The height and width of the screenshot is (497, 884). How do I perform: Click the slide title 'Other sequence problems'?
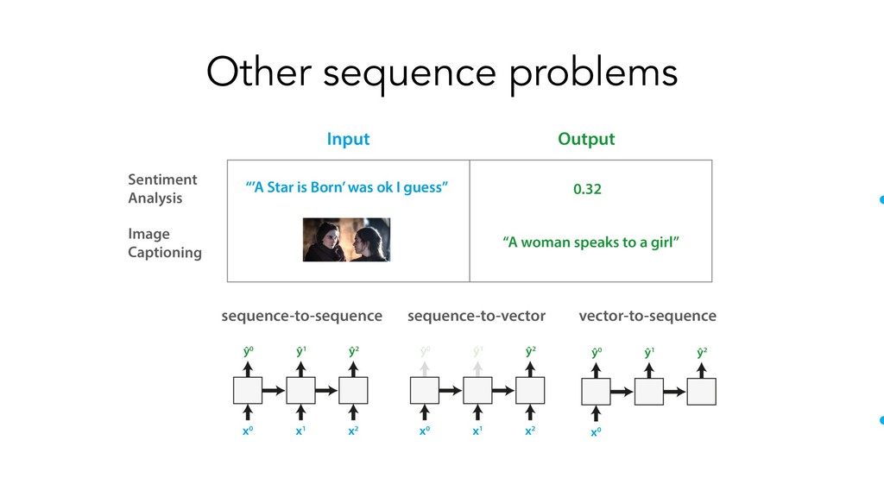point(441,72)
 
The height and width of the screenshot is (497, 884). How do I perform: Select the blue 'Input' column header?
point(348,139)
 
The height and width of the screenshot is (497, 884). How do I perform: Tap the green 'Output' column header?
point(586,139)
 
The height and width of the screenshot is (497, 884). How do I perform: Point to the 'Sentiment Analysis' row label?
point(162,188)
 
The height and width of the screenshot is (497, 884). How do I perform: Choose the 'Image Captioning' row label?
point(164,242)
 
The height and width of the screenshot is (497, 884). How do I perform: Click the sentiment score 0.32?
point(587,189)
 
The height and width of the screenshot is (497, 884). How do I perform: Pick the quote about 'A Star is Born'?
point(347,187)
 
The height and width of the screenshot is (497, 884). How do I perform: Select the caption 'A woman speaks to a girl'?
point(590,242)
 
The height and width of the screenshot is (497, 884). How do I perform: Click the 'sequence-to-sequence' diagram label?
point(301,316)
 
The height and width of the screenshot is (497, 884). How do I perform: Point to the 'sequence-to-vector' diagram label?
point(476,316)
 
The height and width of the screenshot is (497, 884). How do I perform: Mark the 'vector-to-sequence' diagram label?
point(647,316)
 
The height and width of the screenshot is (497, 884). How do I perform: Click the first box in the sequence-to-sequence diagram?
point(248,391)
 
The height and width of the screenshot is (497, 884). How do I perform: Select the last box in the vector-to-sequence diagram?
point(703,391)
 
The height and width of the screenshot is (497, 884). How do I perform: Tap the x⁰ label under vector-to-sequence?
point(596,432)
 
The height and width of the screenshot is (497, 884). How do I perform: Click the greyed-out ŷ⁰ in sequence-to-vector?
point(425,351)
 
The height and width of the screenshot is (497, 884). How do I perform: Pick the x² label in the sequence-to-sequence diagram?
point(354,430)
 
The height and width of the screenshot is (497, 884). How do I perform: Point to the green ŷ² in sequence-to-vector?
point(530,351)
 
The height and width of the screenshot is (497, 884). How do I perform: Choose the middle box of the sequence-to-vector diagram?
point(477,391)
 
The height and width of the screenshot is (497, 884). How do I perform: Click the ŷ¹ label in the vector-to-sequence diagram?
point(649,352)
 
